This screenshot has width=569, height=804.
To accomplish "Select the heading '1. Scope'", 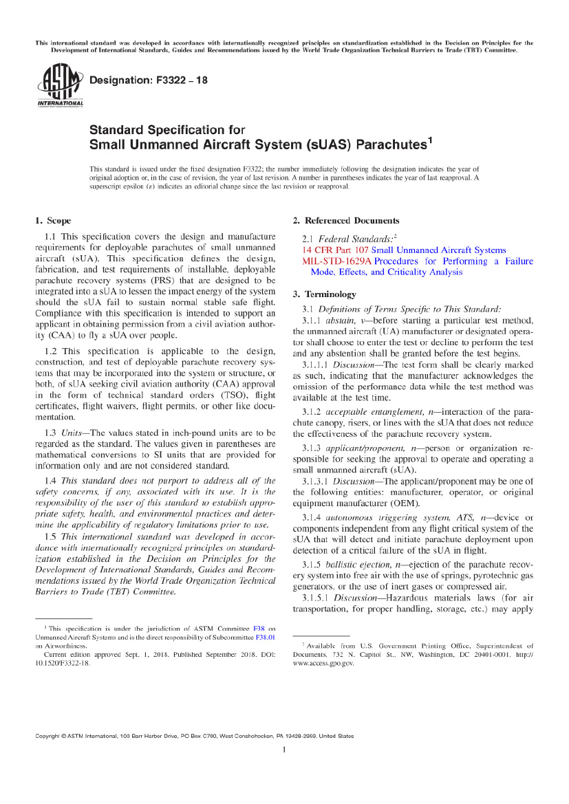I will pos(52,221).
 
